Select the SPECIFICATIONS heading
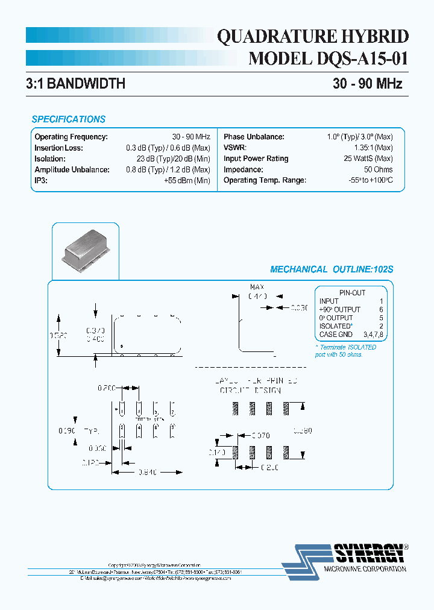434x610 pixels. (68, 119)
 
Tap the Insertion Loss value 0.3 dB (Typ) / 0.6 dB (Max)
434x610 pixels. (168, 148)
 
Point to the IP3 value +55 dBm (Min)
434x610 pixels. (187, 180)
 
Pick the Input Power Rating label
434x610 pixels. (256, 159)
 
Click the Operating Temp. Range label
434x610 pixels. (265, 180)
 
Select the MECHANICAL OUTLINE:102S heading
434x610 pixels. (332, 269)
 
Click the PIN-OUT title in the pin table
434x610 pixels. (352, 293)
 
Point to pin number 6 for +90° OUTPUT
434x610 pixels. (381, 309)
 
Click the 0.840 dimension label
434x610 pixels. (146, 473)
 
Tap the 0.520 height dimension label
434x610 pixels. (58, 335)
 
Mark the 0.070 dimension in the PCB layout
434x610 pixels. (260, 435)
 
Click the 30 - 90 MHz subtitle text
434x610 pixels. (367, 84)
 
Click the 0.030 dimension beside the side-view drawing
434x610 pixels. (299, 307)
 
